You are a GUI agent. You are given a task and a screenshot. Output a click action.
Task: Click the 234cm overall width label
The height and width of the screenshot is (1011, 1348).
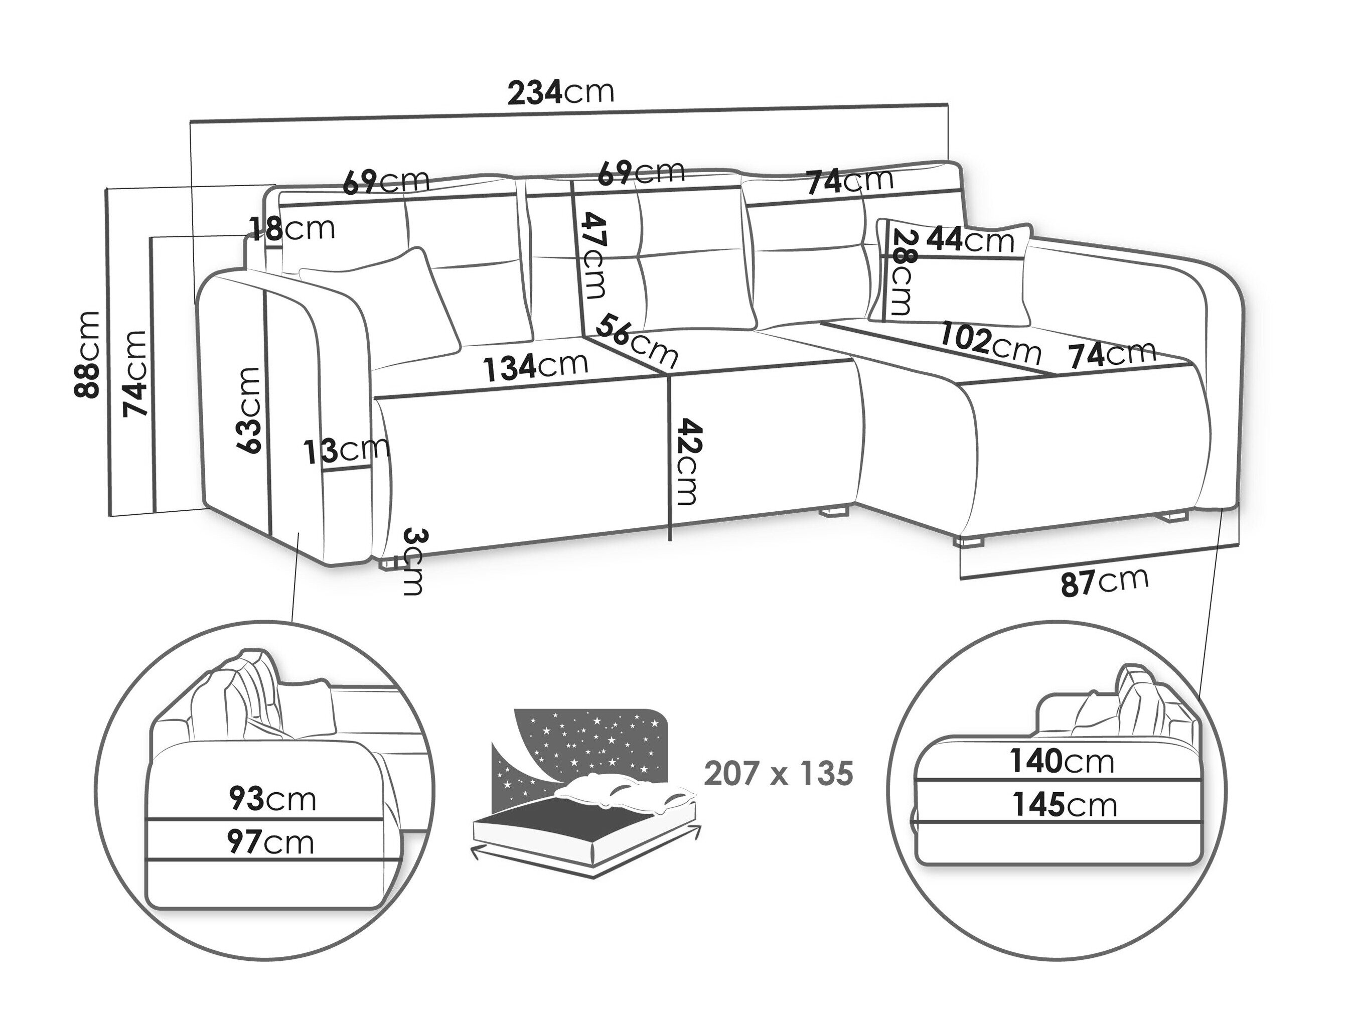pos(561,93)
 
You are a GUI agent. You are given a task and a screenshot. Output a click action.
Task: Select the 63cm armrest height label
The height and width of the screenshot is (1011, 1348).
pos(250,410)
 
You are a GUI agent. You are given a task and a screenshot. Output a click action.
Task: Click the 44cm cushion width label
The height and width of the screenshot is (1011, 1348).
pos(970,240)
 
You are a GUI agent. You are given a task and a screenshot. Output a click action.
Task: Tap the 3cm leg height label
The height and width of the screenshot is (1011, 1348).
pos(412,561)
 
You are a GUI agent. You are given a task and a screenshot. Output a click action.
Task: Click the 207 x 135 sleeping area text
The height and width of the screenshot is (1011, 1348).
pos(779,774)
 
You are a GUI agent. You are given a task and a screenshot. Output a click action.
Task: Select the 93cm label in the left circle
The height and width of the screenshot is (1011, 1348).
pos(272,799)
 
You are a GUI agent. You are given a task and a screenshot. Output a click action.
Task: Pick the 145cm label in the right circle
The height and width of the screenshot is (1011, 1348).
pos(1065,805)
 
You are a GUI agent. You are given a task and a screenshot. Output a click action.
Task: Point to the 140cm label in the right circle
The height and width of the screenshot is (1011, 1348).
pos(1062,761)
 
